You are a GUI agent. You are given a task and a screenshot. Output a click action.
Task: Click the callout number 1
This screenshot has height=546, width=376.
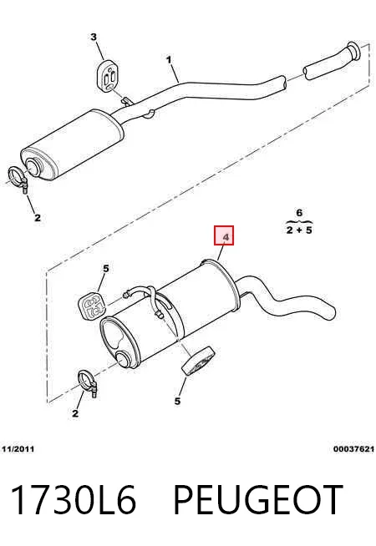pos(169,60)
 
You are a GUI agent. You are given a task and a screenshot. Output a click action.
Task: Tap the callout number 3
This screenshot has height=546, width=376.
pos(94,37)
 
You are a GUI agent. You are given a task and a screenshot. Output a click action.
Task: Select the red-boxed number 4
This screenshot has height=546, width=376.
pos(224,235)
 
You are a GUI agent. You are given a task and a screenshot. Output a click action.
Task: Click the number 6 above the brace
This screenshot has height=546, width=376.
pos(299,213)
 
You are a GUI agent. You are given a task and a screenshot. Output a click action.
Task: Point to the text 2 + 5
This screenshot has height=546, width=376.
pos(299,230)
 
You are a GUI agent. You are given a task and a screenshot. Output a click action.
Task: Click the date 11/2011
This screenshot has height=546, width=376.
pos(18,449)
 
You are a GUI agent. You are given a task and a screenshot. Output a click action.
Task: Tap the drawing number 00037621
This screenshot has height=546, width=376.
pos(353,449)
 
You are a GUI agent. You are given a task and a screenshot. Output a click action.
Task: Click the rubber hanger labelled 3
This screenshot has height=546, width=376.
pos(107,76)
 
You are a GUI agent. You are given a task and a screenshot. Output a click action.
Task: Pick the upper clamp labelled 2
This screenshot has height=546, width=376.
pos(18,179)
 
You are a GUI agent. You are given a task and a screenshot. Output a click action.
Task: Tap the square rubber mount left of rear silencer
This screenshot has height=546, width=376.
pos(92,305)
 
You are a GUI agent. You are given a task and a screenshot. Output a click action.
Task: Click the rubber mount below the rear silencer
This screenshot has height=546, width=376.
pos(197,361)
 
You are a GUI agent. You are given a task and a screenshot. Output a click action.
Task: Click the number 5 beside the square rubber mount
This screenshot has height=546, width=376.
pos(106,269)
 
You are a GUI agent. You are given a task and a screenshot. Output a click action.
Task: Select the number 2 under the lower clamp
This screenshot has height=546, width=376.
pos(75,414)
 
